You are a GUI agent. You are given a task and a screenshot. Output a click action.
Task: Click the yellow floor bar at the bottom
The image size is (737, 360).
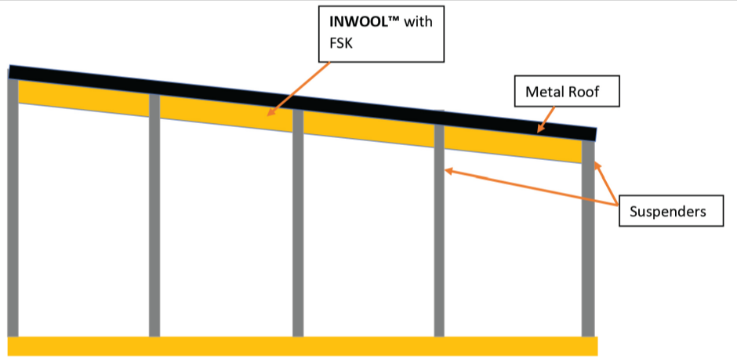pos(302,346)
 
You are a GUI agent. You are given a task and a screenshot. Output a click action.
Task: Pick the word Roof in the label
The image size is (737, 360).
pos(583,93)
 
